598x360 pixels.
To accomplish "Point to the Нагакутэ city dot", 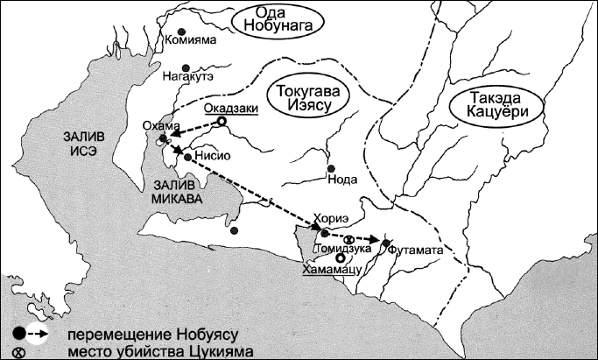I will coord(185,67).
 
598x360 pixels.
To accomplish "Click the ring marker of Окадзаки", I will coord(222,122).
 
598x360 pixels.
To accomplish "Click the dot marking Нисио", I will coord(187,157).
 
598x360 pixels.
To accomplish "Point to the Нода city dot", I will coord(330,169).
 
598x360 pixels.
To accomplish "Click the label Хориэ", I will coord(325,220).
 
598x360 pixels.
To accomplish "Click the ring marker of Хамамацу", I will coord(339,258).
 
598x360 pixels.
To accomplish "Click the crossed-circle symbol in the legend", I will coord(18,351).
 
